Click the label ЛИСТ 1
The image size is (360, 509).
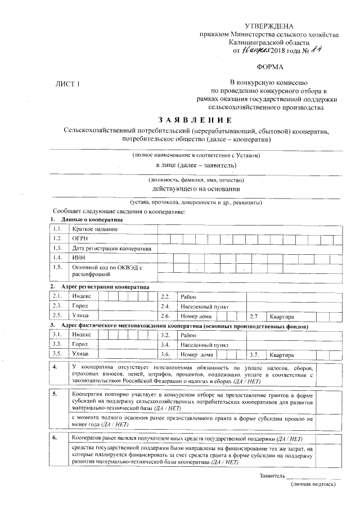(67, 84)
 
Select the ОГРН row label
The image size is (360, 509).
(82, 238)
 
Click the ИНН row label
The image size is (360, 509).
(79, 258)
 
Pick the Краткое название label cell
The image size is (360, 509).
(95, 229)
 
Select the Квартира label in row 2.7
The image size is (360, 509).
(282, 317)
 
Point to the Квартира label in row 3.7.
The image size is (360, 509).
(282, 355)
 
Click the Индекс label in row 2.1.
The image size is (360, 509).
(82, 296)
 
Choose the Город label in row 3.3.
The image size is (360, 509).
(80, 344)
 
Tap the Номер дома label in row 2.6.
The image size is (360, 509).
(194, 317)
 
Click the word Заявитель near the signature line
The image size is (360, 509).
(273, 475)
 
